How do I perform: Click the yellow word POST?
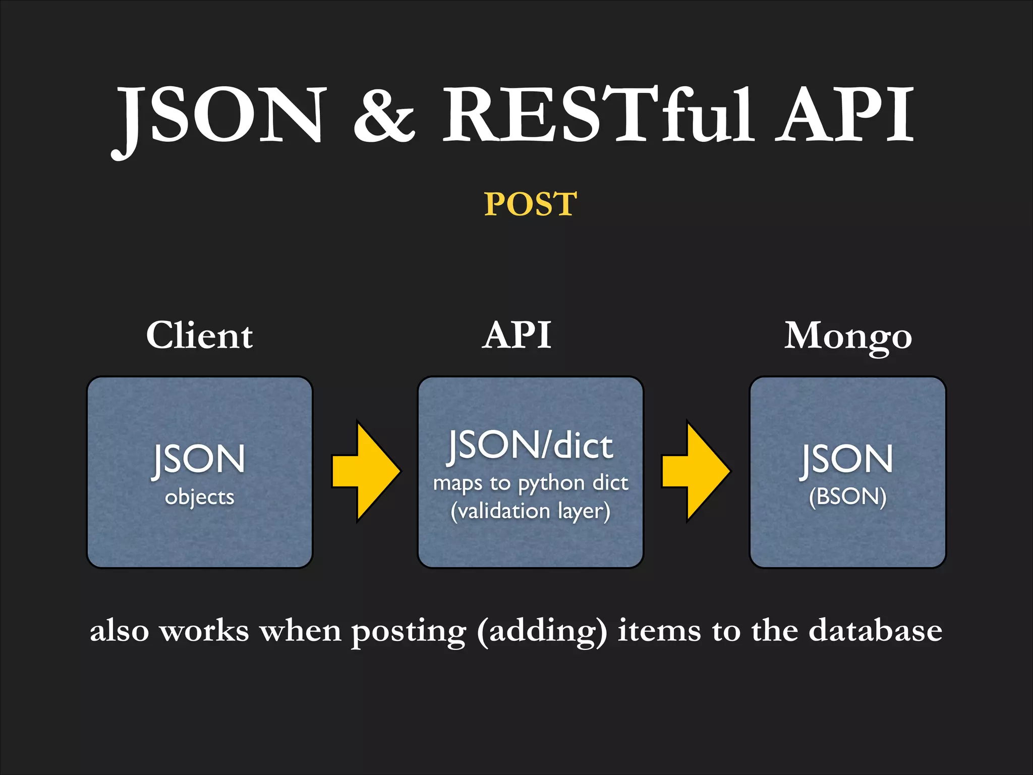coord(530,204)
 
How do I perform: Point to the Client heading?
coord(199,336)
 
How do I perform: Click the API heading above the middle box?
coord(517,336)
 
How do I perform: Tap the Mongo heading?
coord(848,337)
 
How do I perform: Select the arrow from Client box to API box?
coord(366,471)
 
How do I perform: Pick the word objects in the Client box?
coord(200,497)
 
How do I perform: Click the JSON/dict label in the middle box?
coord(531,446)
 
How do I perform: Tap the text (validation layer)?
coord(530,512)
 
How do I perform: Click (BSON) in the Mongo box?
coord(848,496)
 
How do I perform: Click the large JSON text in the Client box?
coord(200,459)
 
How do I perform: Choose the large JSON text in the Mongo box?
coord(848,459)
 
